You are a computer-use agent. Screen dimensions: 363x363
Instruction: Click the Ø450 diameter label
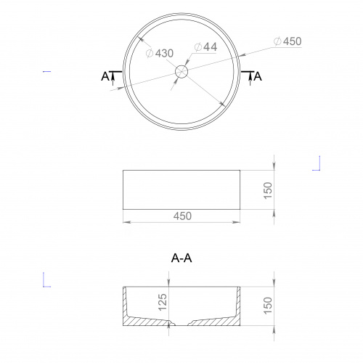coord(287,41)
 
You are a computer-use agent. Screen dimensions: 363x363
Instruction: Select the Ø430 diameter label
coord(160,53)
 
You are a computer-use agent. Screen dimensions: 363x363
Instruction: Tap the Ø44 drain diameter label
coord(205,47)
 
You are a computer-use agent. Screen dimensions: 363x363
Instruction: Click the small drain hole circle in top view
coord(181,72)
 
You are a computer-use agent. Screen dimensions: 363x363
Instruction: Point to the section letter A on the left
coord(105,76)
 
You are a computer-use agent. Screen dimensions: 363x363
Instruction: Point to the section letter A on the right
coord(258,76)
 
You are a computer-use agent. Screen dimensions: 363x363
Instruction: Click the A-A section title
coord(181,258)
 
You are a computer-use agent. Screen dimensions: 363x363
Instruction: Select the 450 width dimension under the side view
coord(182,216)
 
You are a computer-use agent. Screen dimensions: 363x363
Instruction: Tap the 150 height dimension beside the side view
coord(268,190)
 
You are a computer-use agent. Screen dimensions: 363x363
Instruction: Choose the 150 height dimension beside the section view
coord(268,306)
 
